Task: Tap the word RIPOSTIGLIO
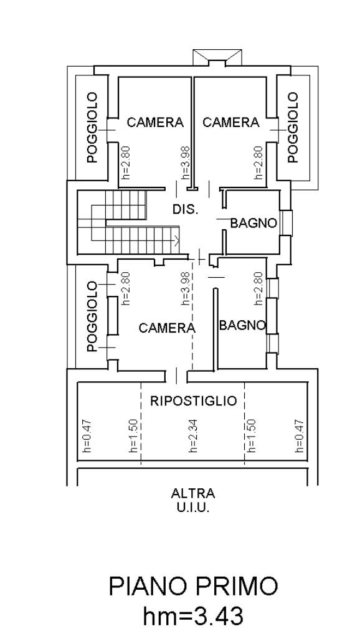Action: [x=194, y=400]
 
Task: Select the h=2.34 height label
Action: [x=194, y=436]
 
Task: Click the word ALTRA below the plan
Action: [x=193, y=493]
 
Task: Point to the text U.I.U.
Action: [x=193, y=508]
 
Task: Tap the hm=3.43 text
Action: [x=193, y=616]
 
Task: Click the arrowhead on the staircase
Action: [x=177, y=240]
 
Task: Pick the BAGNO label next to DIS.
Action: [x=253, y=224]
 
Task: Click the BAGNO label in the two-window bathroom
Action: [x=242, y=325]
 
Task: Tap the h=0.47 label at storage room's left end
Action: [x=87, y=436]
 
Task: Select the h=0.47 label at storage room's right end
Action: [x=300, y=436]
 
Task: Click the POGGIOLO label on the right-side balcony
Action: [x=292, y=127]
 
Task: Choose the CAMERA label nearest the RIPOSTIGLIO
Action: [x=167, y=328]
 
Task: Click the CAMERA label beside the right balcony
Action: [x=231, y=122]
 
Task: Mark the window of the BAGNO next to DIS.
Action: [x=287, y=223]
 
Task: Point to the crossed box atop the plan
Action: [x=217, y=57]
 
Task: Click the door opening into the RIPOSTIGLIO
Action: [x=176, y=374]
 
